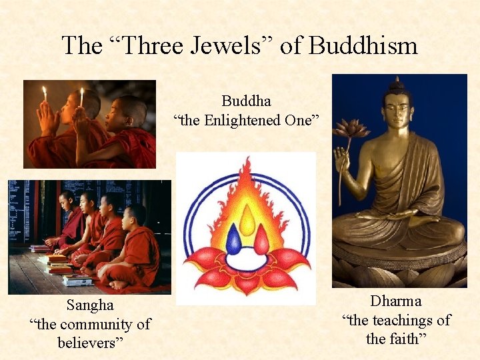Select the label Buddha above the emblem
click(246, 102)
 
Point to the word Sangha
click(90, 305)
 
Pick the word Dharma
click(396, 301)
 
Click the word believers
click(90, 343)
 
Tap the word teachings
click(398, 320)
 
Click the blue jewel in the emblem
click(233, 240)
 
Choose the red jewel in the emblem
click(261, 240)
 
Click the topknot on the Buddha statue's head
click(398, 83)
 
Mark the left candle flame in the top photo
click(45, 93)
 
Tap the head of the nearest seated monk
click(136, 215)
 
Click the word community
click(107, 324)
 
